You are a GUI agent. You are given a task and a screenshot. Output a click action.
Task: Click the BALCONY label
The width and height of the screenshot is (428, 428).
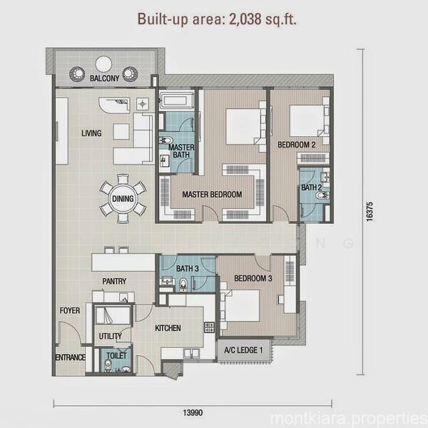(x=105, y=78)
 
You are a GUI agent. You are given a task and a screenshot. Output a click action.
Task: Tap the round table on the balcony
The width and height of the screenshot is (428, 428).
(x=103, y=64)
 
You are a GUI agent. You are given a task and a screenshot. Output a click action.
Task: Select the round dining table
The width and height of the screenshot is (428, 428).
(x=123, y=199)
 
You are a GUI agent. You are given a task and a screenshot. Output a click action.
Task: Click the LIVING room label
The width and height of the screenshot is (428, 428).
(x=91, y=133)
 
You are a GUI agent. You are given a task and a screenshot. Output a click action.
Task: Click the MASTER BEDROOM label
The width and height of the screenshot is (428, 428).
(x=212, y=194)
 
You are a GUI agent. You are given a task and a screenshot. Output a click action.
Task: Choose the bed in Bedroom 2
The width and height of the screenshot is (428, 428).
(x=307, y=121)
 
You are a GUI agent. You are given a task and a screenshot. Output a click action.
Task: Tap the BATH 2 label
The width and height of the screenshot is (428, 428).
(x=312, y=188)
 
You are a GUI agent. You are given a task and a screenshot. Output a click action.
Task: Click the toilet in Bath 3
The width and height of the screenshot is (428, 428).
(x=183, y=285)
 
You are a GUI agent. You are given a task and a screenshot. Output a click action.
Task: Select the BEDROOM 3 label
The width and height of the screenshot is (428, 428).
(x=253, y=278)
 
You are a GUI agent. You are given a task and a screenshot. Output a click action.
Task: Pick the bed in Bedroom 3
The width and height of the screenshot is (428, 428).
(x=241, y=306)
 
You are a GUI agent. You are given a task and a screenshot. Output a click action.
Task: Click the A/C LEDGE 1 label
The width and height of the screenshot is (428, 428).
(x=243, y=350)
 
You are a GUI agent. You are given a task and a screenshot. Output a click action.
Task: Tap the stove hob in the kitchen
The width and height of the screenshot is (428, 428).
(x=209, y=327)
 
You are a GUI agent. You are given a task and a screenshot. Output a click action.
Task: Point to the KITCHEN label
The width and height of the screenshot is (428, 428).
(x=168, y=328)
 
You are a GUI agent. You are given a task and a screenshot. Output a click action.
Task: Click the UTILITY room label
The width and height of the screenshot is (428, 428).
(x=111, y=336)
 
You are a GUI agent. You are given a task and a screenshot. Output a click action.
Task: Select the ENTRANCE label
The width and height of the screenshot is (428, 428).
(x=71, y=357)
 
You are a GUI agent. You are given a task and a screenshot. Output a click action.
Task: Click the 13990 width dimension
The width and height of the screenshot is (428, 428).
(x=193, y=412)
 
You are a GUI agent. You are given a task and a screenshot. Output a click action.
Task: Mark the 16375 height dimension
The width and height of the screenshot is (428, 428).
(x=369, y=212)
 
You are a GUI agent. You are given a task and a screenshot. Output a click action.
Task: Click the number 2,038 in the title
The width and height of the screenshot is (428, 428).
(x=245, y=19)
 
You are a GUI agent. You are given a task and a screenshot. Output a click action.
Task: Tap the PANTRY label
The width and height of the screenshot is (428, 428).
(x=114, y=281)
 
